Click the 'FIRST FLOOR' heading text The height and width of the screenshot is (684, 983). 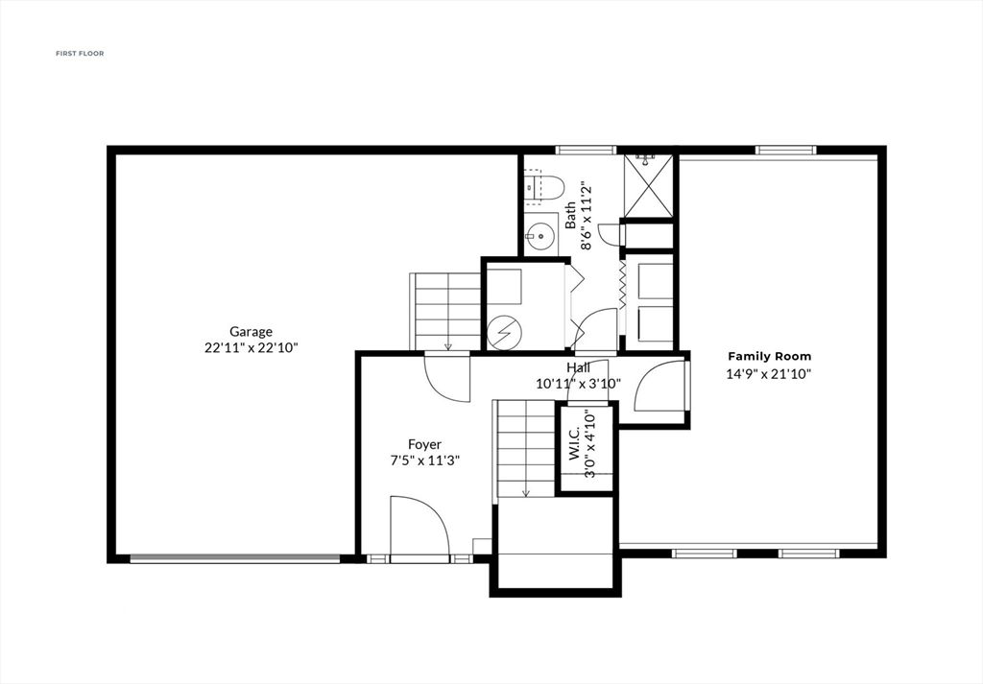click(x=80, y=54)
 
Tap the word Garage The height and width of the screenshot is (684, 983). click(x=251, y=332)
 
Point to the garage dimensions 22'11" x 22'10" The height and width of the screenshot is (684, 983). click(x=251, y=348)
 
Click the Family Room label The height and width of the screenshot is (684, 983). click(x=769, y=356)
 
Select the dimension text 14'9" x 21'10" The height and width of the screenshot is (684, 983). click(x=769, y=374)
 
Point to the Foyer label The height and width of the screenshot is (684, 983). click(x=424, y=444)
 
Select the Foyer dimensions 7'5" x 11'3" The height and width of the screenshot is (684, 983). click(x=424, y=460)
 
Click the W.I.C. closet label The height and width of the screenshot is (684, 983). click(x=574, y=444)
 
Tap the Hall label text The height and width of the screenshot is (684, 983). click(x=578, y=367)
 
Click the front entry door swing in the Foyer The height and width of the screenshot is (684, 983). click(x=420, y=526)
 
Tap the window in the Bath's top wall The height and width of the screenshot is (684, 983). click(x=586, y=150)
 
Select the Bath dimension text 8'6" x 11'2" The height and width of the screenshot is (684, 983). click(x=578, y=225)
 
